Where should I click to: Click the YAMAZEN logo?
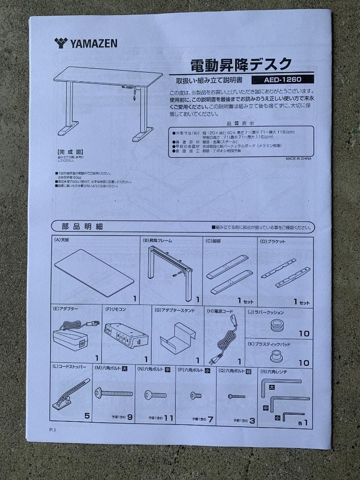click(x=86, y=43)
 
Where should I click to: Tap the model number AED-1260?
click(x=282, y=80)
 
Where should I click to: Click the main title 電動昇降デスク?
click(x=241, y=65)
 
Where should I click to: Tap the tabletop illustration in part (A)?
click(x=94, y=272)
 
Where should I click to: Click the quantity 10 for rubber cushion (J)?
click(x=304, y=333)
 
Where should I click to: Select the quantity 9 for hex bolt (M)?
click(x=130, y=417)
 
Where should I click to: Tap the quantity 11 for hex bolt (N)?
click(x=168, y=418)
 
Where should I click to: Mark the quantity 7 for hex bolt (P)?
click(x=210, y=419)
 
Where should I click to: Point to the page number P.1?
click(x=53, y=430)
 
